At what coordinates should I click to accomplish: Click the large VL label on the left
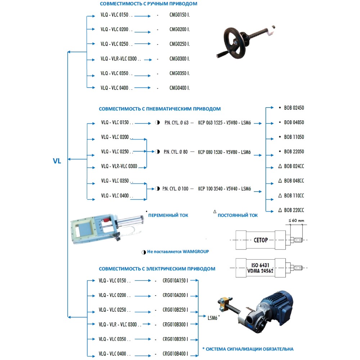[57, 161]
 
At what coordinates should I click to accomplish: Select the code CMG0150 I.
[179, 16]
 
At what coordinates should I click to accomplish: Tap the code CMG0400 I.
[179, 88]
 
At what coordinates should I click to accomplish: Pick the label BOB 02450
[294, 108]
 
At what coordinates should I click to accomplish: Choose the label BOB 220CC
[294, 210]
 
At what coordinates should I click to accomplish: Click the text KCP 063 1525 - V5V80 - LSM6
[224, 123]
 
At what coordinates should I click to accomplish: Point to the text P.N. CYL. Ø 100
[175, 189]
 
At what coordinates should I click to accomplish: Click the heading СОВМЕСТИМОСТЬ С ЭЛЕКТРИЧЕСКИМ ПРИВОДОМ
[157, 269]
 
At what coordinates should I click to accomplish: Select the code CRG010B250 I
[175, 310]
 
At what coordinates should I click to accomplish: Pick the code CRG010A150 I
[175, 280]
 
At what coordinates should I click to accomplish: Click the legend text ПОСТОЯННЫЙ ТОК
[238, 215]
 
